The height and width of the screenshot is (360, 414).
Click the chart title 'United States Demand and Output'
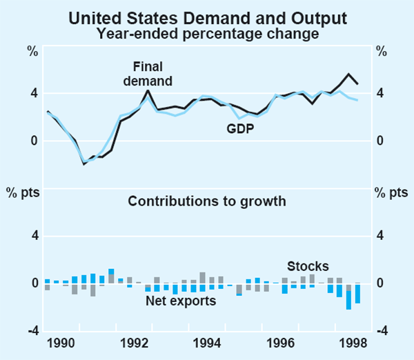(206, 17)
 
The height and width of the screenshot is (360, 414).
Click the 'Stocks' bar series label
(308, 266)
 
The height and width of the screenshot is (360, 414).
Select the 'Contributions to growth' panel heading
(206, 201)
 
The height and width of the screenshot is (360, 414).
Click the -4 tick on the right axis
(380, 332)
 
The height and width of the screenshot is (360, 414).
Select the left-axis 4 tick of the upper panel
(32, 94)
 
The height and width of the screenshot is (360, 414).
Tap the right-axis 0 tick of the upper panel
(380, 141)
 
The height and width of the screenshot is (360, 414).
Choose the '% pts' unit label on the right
(388, 192)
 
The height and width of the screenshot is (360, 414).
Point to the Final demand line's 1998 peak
(349, 74)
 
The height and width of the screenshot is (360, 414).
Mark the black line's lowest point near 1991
(84, 164)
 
